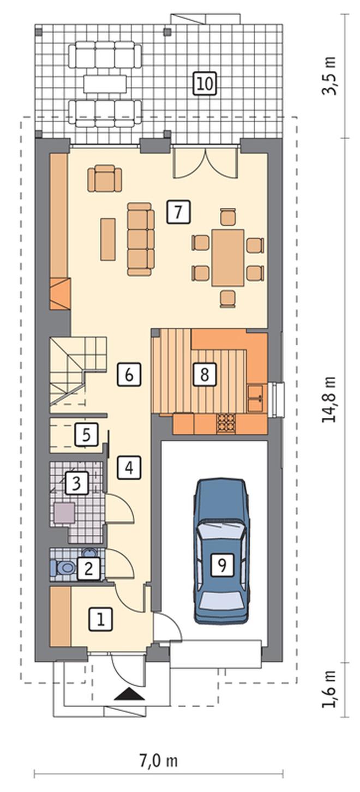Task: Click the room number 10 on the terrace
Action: (x=205, y=84)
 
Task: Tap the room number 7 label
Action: (x=178, y=212)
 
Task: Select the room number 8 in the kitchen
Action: (x=205, y=374)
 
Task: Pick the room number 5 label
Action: (x=86, y=435)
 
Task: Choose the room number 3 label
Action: (x=76, y=483)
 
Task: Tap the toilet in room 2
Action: (x=63, y=568)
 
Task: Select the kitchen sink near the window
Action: (x=255, y=399)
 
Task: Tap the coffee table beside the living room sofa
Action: (x=108, y=239)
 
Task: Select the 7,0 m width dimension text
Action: (x=158, y=770)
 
